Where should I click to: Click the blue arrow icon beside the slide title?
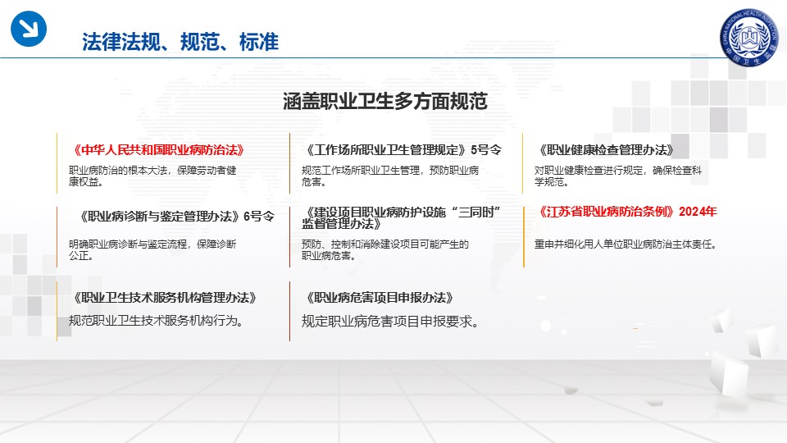pyautogui.click(x=29, y=29)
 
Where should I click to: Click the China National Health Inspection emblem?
pyautogui.click(x=748, y=38)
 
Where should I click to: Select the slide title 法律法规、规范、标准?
pyautogui.click(x=180, y=42)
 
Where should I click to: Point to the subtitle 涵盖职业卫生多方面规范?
pyautogui.click(x=385, y=102)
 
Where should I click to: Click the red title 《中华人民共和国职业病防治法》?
pyautogui.click(x=158, y=150)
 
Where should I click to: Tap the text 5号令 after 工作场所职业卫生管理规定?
pyautogui.click(x=486, y=150)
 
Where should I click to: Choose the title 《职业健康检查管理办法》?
pyautogui.click(x=606, y=150)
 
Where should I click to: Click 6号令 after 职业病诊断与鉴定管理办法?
pyautogui.click(x=259, y=217)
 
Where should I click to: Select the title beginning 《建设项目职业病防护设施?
pyautogui.click(x=402, y=218)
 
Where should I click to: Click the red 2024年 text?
pyautogui.click(x=698, y=212)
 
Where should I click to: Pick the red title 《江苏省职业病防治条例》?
pyautogui.click(x=607, y=212)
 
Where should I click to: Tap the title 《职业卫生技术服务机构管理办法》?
pyautogui.click(x=165, y=298)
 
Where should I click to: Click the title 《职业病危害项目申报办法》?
pyautogui.click(x=380, y=298)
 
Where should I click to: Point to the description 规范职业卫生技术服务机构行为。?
pyautogui.click(x=156, y=321)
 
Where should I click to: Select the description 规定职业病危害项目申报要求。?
pyautogui.click(x=390, y=321)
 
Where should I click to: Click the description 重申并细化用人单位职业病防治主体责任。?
pyautogui.click(x=626, y=244)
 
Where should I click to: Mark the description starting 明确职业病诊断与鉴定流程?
pyautogui.click(x=152, y=249)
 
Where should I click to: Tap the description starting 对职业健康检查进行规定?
pyautogui.click(x=618, y=176)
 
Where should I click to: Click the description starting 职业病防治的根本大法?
pyautogui.click(x=152, y=176)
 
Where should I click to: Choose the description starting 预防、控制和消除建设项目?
pyautogui.click(x=385, y=249)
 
